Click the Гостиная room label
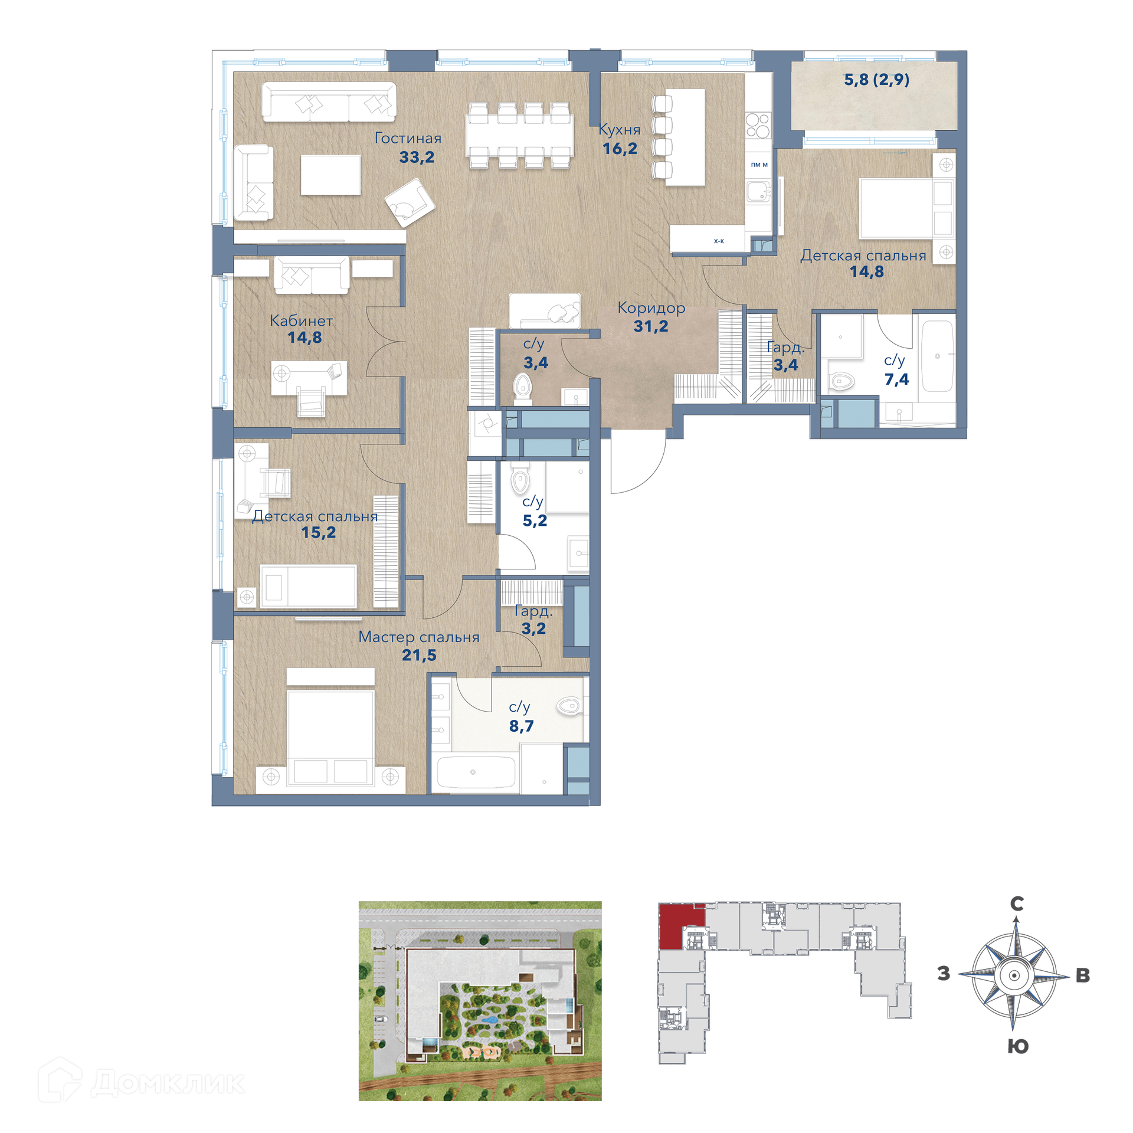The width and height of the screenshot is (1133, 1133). [408, 138]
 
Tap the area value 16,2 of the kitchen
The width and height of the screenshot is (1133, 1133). [620, 149]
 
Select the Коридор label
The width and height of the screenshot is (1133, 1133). [651, 307]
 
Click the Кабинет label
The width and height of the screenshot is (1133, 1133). [302, 320]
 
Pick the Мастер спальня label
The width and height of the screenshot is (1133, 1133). [419, 637]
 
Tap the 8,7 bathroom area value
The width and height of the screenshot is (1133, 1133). [521, 726]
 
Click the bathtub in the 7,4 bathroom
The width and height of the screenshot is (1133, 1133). [937, 356]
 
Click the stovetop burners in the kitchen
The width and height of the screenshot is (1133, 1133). [758, 125]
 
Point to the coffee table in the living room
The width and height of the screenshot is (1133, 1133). [330, 175]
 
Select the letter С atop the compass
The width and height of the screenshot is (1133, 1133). [1017, 903]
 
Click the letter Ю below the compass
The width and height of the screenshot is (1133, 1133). [1018, 1046]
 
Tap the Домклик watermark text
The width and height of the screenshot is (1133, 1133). [168, 1083]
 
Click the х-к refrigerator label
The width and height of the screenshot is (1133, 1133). [719, 241]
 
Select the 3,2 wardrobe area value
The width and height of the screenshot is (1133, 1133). [533, 628]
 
